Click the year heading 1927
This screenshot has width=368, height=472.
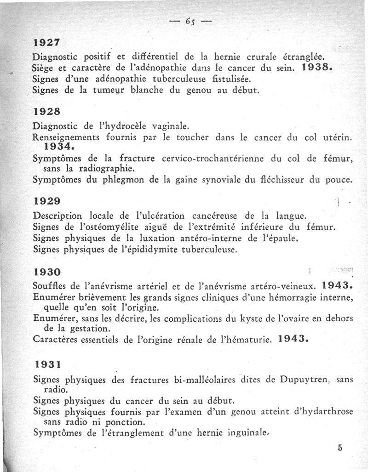(x=47, y=42)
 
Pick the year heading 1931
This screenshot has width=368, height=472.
(x=47, y=364)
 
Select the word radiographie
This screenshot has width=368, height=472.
(x=98, y=169)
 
